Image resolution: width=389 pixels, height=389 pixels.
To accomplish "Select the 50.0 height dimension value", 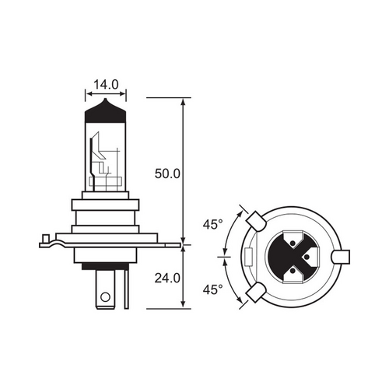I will click(x=167, y=172).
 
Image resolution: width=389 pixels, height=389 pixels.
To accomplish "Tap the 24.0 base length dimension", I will click(x=167, y=275).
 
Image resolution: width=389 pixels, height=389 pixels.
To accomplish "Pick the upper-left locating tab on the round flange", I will click(x=252, y=219).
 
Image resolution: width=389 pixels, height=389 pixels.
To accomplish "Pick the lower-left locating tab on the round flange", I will click(x=252, y=293).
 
